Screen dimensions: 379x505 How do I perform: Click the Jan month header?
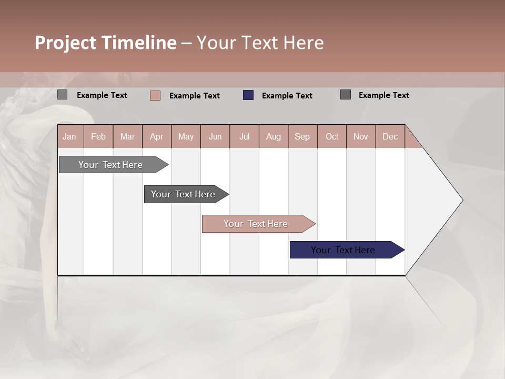(69, 136)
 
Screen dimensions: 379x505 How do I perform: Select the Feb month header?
(98, 136)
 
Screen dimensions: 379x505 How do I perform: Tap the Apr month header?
(156, 136)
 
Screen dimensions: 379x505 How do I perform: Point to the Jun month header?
(215, 136)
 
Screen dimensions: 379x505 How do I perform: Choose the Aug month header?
(274, 136)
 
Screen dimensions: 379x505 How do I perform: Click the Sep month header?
(302, 136)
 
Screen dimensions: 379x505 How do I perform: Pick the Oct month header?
(332, 136)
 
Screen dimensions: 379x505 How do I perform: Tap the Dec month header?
(390, 136)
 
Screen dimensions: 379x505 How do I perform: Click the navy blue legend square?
(248, 95)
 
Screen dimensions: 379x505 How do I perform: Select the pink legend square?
(155, 95)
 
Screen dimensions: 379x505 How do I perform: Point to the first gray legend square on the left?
(62, 95)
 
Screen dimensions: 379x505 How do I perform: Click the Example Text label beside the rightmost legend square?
(383, 95)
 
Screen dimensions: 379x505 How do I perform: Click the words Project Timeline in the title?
(105, 43)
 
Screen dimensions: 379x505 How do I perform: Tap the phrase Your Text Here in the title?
(260, 43)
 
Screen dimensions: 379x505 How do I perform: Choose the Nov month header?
(361, 136)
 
